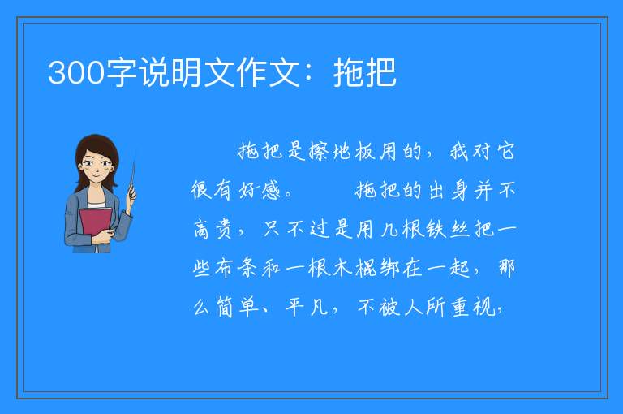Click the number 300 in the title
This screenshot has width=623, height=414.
(x=76, y=73)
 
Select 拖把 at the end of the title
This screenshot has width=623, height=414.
(x=365, y=72)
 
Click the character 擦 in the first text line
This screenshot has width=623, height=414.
(x=319, y=151)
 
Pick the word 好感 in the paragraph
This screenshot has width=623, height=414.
(x=260, y=190)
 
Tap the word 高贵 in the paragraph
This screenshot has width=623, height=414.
(x=213, y=229)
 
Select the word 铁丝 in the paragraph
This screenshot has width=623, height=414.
(x=448, y=229)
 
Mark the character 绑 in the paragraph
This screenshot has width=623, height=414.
(x=389, y=268)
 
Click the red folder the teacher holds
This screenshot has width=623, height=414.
(x=95, y=222)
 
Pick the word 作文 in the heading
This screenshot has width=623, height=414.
(x=269, y=72)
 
